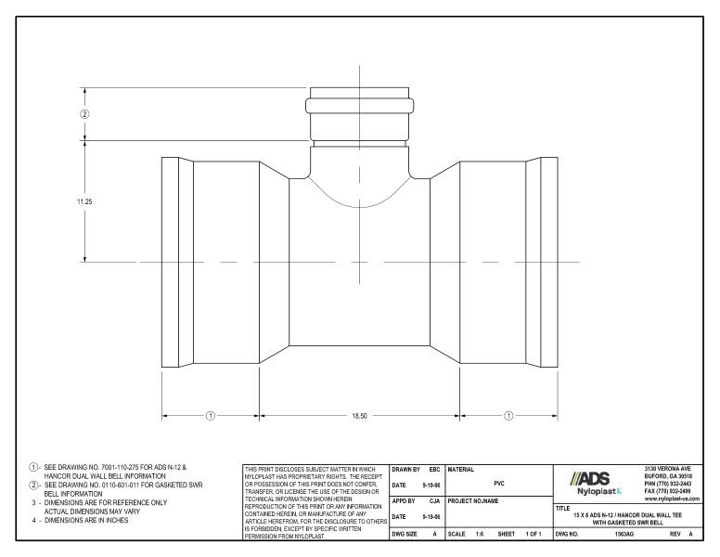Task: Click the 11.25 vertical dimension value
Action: click(x=84, y=201)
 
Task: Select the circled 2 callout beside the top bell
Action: click(x=84, y=114)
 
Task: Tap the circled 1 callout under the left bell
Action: click(x=210, y=415)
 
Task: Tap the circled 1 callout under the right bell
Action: click(x=508, y=415)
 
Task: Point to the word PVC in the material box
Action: click(x=499, y=483)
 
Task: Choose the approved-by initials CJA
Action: click(x=433, y=502)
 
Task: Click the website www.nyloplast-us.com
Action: click(x=673, y=499)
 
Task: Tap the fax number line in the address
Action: click(x=673, y=490)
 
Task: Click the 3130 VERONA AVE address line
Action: click(x=673, y=467)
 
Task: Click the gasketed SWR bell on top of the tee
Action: click(x=360, y=113)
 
